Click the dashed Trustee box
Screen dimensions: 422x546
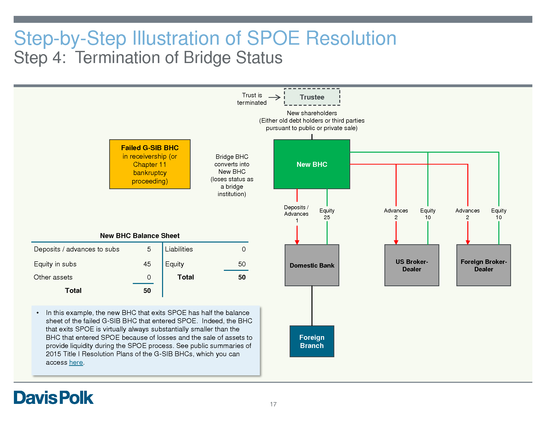point(312,97)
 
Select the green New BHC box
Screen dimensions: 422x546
point(312,164)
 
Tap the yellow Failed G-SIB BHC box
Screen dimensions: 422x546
point(150,164)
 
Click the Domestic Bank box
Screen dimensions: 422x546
point(312,265)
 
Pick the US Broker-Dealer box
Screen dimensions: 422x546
point(411,265)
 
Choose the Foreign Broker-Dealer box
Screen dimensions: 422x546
point(483,265)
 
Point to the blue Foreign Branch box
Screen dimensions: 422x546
point(312,341)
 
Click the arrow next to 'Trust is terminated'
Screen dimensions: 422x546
point(274,98)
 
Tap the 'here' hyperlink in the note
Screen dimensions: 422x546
point(76,362)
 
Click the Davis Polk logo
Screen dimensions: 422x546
point(54,397)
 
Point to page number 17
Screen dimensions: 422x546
point(273,404)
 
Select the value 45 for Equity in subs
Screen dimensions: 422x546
point(147,264)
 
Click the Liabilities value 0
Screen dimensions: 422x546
point(243,249)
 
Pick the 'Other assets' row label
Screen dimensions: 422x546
point(53,277)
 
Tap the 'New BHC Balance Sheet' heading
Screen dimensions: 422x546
point(140,236)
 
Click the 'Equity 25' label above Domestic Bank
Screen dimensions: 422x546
point(327,214)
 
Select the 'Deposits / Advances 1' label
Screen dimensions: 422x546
point(297,214)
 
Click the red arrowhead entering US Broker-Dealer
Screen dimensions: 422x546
point(396,242)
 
